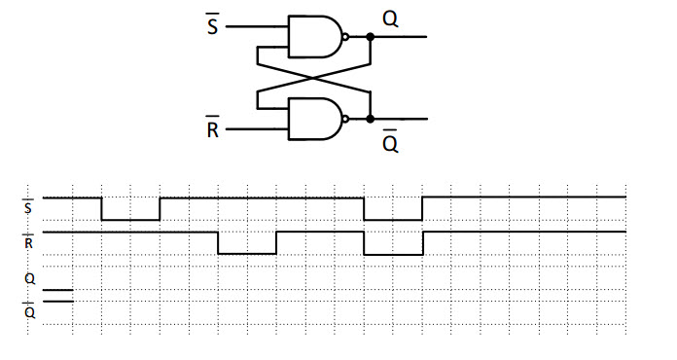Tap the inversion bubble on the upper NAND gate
tap(346, 37)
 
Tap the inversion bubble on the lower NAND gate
tap(346, 119)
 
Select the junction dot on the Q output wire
tap(371, 37)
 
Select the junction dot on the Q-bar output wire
tap(371, 119)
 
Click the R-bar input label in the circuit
tap(213, 127)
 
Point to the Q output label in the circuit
tap(390, 18)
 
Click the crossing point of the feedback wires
tap(313, 78)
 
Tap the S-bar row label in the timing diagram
tap(27, 206)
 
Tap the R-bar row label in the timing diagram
tap(27, 241)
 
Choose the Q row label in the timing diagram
tap(27, 278)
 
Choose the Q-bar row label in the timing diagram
tap(27, 311)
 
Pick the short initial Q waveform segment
tap(57, 290)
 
